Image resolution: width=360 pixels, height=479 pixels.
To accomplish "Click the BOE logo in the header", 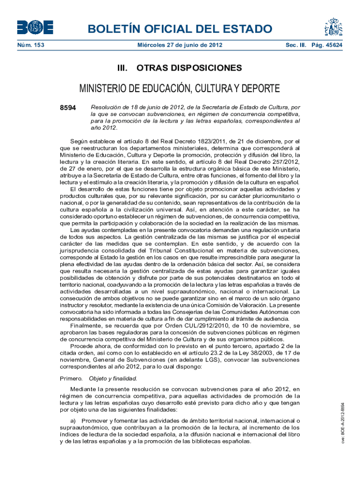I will tap(35, 27).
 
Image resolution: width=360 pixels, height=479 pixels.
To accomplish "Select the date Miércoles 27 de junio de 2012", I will tap(180, 45).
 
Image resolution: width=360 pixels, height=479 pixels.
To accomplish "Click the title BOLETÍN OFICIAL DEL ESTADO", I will tap(180, 29).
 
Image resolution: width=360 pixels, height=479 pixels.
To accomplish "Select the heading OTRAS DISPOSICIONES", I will tap(189, 68).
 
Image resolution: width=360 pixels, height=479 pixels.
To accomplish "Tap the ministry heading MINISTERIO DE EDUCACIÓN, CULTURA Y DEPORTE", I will tap(180, 88).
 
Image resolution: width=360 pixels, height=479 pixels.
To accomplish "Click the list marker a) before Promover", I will tap(74, 421).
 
